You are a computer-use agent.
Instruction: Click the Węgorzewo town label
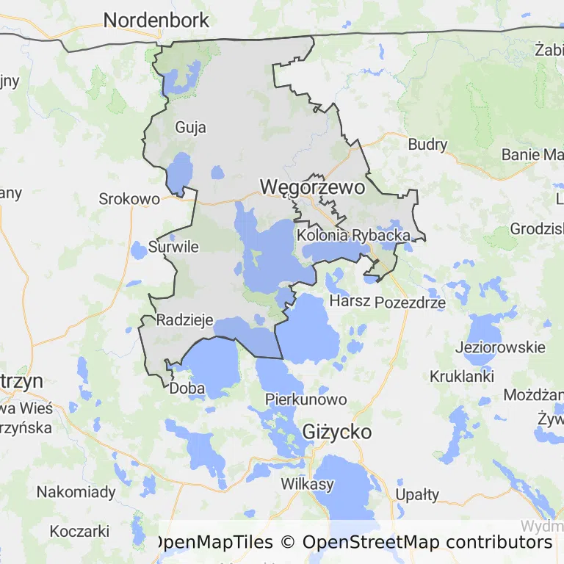(312, 187)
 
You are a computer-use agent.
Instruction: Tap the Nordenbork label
(156, 21)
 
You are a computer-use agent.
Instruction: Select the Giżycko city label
(337, 431)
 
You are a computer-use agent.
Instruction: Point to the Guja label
(190, 128)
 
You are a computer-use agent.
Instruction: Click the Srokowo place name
(129, 199)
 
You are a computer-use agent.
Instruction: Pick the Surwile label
(173, 247)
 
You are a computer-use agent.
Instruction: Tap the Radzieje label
(185, 320)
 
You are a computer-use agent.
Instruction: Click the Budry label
(427, 145)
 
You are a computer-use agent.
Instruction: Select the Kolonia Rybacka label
(353, 236)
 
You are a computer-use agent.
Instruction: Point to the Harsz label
(350, 301)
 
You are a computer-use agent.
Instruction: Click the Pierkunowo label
(306, 400)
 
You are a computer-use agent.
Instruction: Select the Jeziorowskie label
(501, 347)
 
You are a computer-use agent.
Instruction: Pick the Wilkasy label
(308, 484)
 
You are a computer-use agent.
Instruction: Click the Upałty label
(417, 493)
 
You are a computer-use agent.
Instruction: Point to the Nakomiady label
(76, 492)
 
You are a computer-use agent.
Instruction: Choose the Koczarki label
(79, 531)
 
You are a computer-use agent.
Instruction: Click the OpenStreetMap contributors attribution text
(427, 543)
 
